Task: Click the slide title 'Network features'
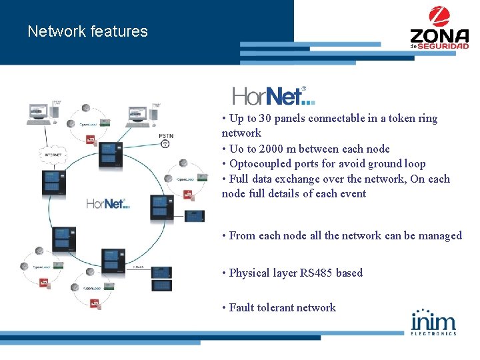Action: click(x=87, y=31)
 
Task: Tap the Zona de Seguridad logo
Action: click(x=439, y=28)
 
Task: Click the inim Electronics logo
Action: click(x=434, y=321)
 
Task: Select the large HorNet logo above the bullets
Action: click(x=273, y=96)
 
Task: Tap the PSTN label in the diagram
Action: click(x=166, y=136)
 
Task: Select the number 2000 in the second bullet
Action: click(x=273, y=149)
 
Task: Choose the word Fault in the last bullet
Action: click(x=243, y=307)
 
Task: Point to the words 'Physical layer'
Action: click(x=263, y=273)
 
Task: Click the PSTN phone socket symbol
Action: click(x=165, y=144)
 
